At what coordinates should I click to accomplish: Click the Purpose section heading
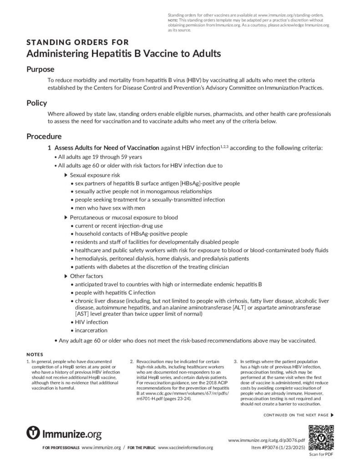41,69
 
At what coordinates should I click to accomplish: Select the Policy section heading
37,103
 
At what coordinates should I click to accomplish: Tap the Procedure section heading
44,136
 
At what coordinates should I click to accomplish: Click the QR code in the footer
321,437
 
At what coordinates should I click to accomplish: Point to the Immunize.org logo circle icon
33,433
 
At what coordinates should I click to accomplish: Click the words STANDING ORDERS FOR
77,43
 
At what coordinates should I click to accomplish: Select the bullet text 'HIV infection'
91,322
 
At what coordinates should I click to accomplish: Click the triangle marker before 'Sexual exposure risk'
66,175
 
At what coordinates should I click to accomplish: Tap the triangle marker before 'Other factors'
66,276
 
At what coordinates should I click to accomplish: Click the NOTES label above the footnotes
35,354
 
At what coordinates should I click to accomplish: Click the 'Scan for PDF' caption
321,454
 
